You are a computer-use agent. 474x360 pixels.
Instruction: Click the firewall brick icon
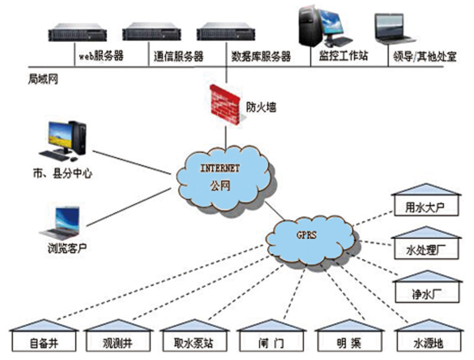coord(226,104)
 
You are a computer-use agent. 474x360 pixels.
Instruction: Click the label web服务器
coord(101,57)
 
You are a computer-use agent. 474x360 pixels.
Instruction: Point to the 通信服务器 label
coord(178,57)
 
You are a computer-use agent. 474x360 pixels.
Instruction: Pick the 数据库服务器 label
coord(261,57)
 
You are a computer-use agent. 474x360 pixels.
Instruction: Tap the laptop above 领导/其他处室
coord(394,29)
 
